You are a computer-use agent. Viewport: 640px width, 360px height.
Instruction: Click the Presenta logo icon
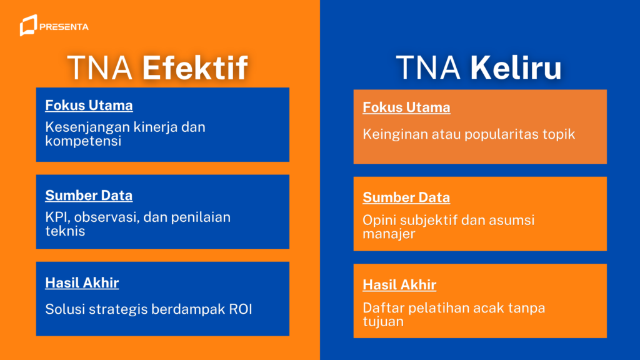coord(27,26)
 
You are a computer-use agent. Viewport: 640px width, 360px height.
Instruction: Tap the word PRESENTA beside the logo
coord(64,27)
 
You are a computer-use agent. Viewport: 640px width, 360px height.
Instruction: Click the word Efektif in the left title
coord(194,68)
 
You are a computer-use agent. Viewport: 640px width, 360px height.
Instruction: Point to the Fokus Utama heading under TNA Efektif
coord(89,106)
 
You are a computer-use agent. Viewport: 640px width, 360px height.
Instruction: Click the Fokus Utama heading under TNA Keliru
coord(406,107)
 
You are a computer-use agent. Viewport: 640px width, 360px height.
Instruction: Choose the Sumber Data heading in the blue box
coord(89,196)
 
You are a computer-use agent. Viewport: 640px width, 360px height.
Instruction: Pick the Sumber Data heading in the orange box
coord(406,198)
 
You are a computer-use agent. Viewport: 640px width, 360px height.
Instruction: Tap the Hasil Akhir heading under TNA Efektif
coord(82,283)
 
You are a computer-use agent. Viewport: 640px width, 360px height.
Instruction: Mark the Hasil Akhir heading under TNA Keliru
coord(399,286)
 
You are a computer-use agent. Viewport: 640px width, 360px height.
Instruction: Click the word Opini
coord(379,220)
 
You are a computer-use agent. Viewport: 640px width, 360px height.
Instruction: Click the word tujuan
coord(383,322)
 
